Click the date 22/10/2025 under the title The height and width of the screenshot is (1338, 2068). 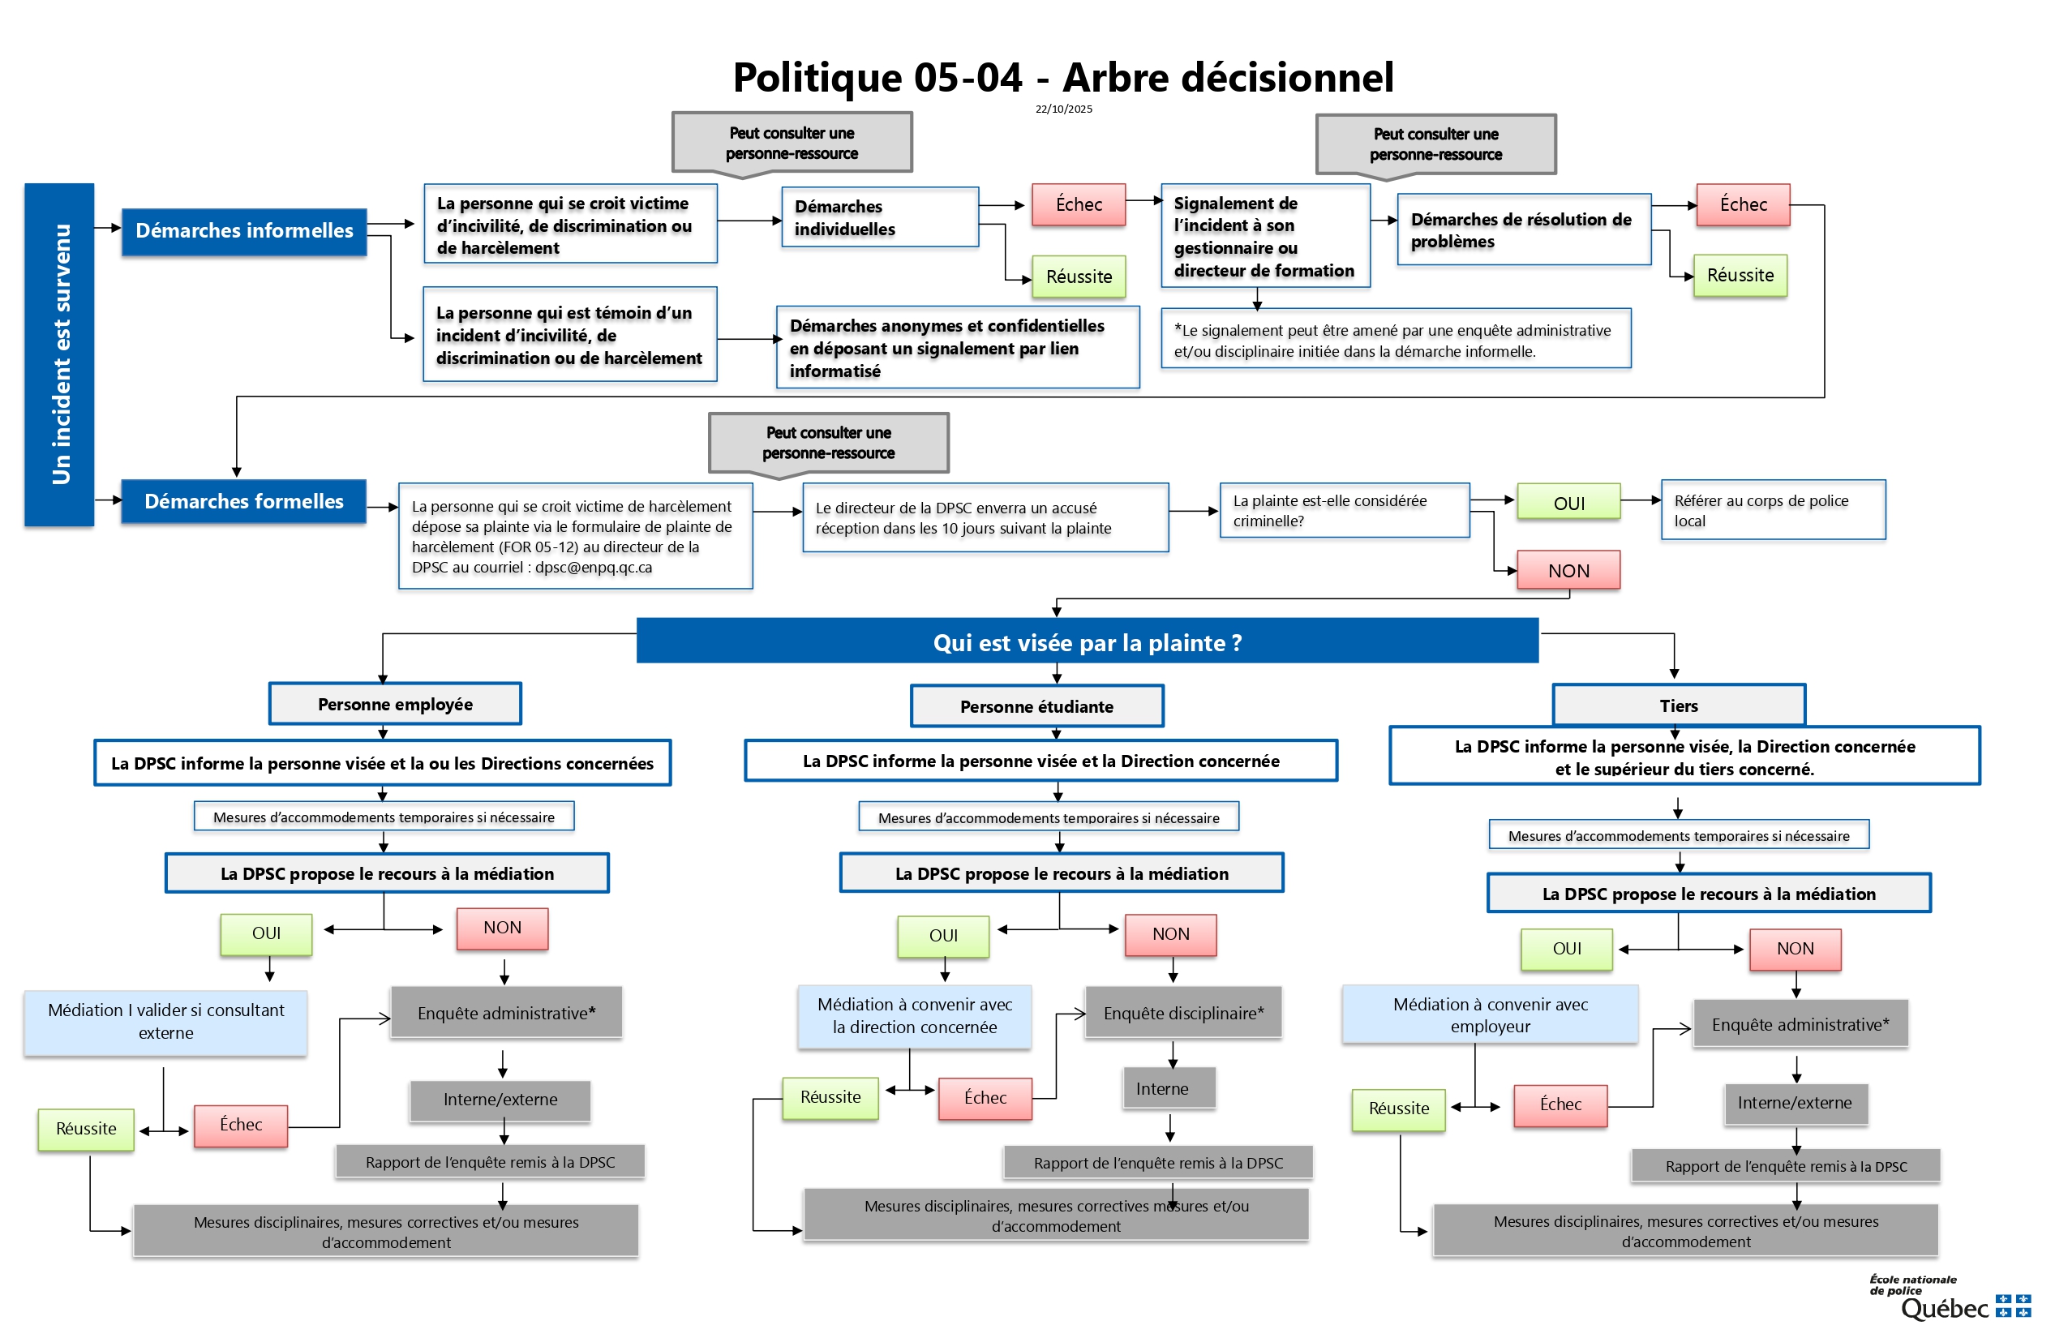1063,109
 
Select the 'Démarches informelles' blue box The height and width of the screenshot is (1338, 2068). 244,231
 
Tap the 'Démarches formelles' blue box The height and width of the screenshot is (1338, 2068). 243,501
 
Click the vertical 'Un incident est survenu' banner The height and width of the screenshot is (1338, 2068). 59,354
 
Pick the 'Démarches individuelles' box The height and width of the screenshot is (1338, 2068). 879,217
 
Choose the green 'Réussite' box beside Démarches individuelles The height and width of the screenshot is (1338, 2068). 1079,277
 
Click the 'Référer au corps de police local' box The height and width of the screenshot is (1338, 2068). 1773,510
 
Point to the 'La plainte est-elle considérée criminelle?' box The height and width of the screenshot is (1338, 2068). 1345,510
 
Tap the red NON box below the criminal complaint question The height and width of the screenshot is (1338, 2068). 1568,571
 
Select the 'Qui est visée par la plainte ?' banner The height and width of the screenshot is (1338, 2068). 1087,642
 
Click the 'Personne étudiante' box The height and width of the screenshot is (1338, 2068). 1036,706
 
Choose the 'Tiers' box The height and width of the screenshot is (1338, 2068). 1678,705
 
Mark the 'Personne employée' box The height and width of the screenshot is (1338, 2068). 396,704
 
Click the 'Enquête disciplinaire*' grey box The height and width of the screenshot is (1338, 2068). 1182,1013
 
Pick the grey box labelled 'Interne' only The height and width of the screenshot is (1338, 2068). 1161,1088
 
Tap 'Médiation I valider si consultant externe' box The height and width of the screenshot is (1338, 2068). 166,1022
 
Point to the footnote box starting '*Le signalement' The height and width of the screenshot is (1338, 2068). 1396,340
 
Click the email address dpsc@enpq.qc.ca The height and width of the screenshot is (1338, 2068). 594,568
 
